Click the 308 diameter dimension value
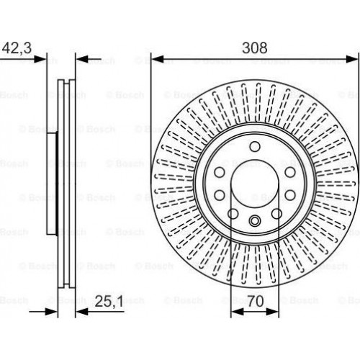tap(255, 48)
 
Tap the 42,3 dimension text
tap(17, 48)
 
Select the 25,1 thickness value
tap(109, 302)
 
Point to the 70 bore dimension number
tap(256, 302)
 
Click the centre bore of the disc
tap(255, 184)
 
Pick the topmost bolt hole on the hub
tap(255, 146)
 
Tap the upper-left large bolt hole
tap(220, 172)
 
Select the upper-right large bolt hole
tap(290, 172)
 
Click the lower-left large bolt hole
tap(220, 194)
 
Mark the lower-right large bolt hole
tap(290, 194)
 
